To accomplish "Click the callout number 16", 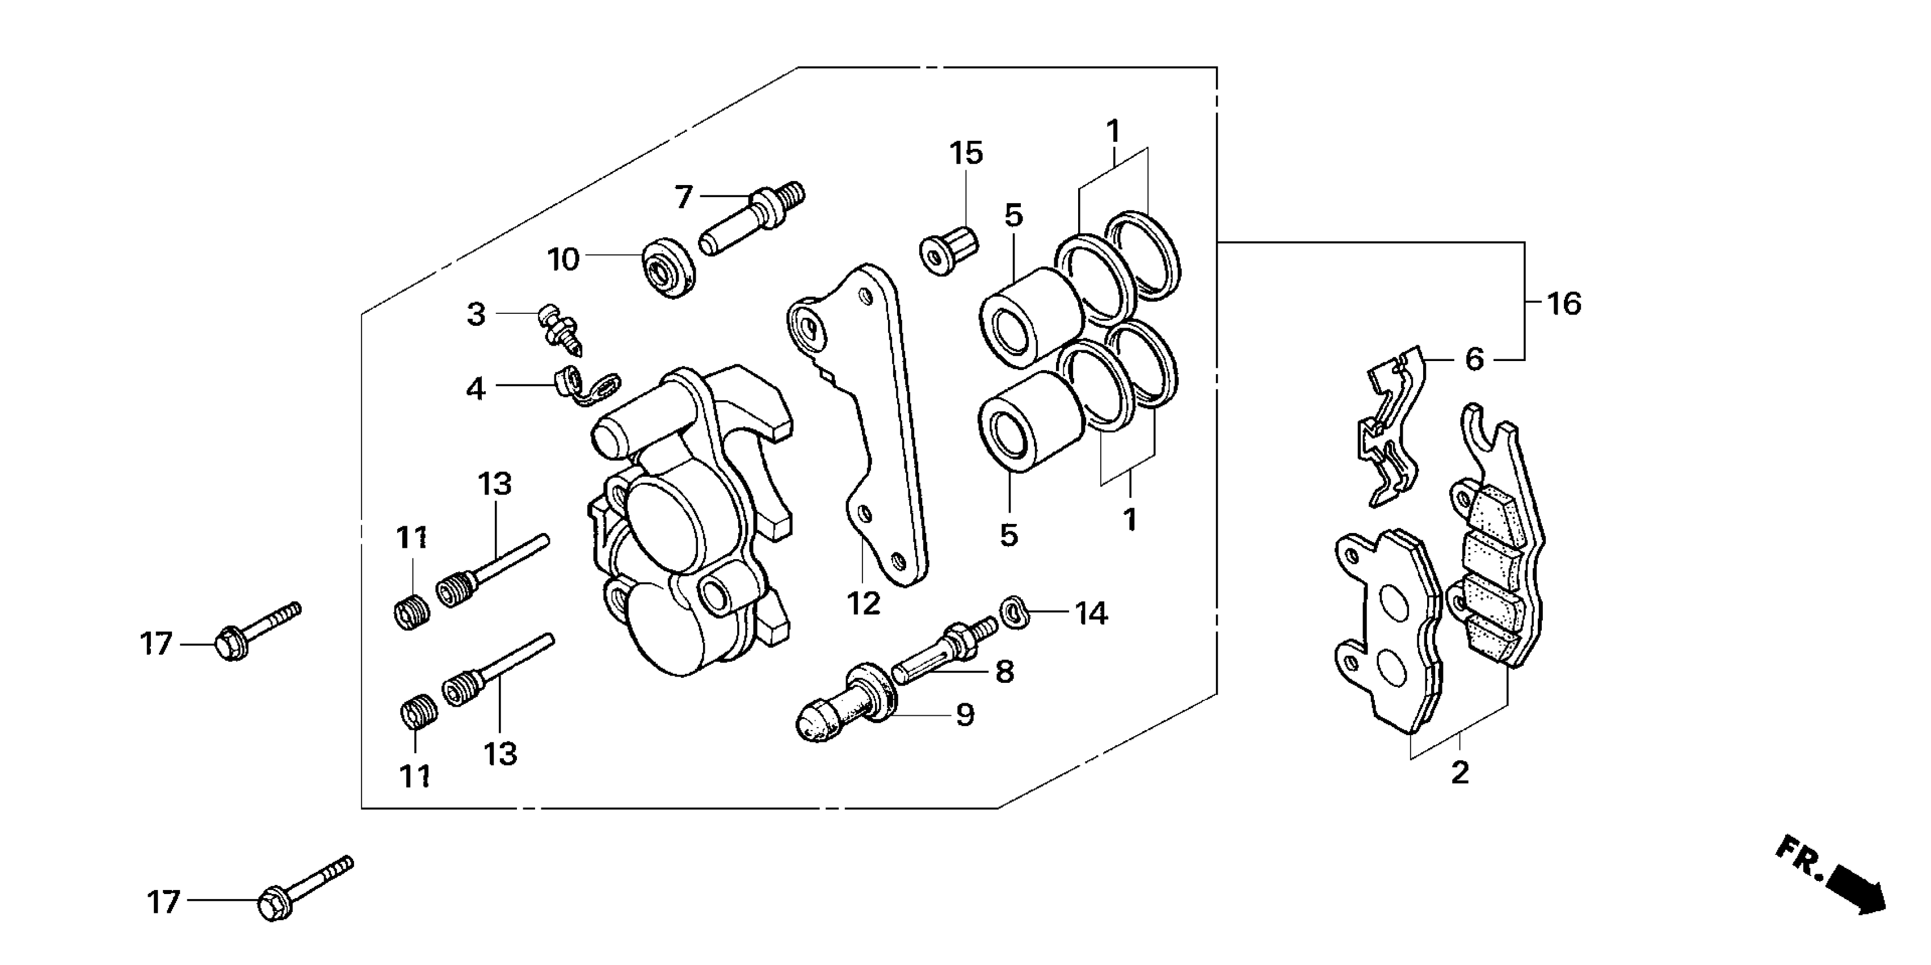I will coord(1564,304).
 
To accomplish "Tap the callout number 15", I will coord(966,154).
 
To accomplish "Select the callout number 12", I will coord(863,603).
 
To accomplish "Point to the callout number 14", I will coord(1091,613).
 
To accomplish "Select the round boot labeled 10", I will coord(668,267).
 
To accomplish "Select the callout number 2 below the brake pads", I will coord(1459,773).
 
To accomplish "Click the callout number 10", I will coord(563,260).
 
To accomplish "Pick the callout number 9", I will coord(965,715).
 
